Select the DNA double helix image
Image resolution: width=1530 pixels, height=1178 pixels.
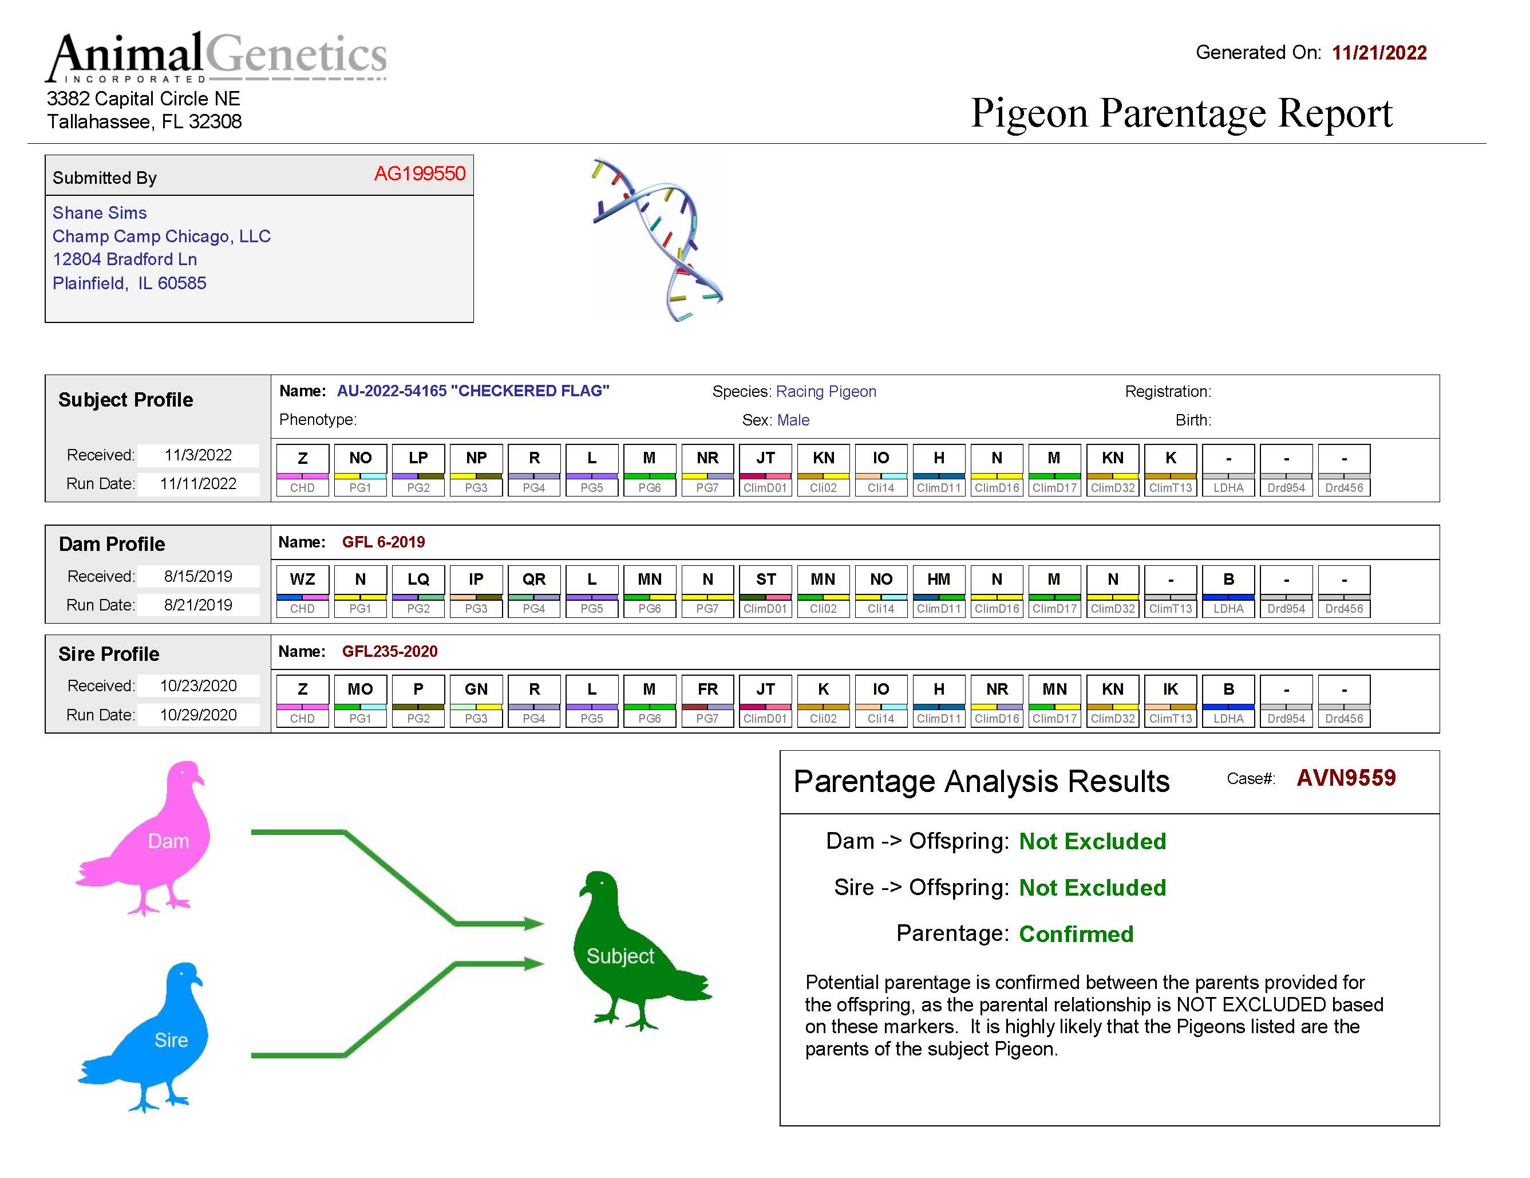[657, 239]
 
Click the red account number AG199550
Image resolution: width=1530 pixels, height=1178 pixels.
[419, 174]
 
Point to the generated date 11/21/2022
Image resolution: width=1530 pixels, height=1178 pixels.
[1379, 53]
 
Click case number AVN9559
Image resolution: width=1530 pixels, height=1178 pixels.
[1346, 778]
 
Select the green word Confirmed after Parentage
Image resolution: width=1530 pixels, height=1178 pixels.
[1076, 934]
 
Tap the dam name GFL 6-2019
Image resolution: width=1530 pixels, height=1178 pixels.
[383, 542]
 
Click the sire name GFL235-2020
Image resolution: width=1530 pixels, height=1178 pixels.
[389, 652]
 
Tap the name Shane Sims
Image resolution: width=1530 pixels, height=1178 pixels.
[100, 213]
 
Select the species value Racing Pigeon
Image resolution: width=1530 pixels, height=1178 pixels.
[826, 392]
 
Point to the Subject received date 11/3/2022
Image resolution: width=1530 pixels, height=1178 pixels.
[198, 455]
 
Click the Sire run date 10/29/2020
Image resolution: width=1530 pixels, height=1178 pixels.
[198, 715]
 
